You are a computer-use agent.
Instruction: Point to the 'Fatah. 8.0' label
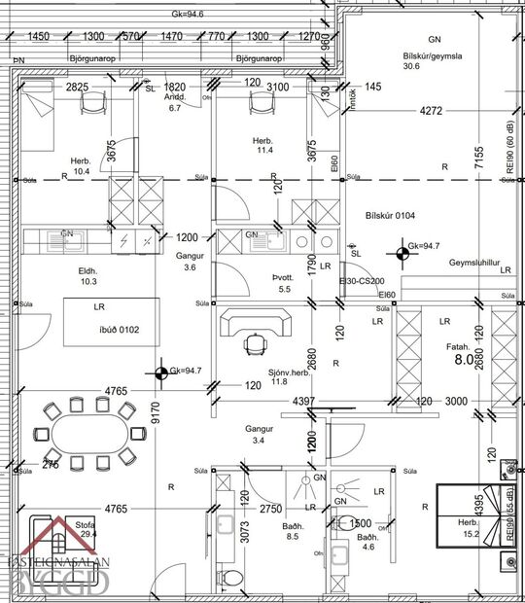point(458,352)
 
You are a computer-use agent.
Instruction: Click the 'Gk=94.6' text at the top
point(191,14)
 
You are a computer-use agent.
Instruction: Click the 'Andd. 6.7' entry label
point(175,103)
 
